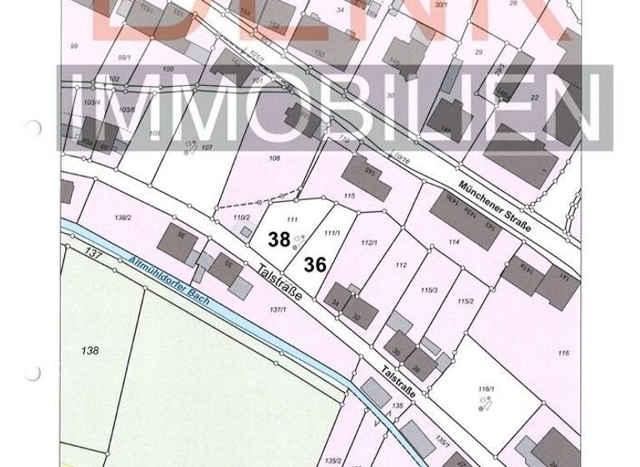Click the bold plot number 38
pos(278,239)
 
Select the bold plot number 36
pos(315,264)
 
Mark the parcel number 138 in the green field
pos(90,350)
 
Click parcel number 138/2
pos(122,218)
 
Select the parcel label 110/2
pos(241,218)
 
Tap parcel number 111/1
pos(332,233)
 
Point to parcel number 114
pos(453,242)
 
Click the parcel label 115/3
pos(428,290)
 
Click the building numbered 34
pos(336,302)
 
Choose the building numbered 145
pos(367,178)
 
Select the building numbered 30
pos(397,352)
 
